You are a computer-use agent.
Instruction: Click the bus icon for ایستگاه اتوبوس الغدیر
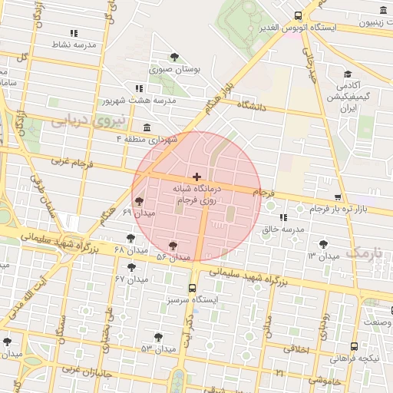(x=299, y=15)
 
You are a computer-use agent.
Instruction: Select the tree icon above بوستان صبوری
(x=175, y=56)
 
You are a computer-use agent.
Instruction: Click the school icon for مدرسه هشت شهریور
(x=138, y=88)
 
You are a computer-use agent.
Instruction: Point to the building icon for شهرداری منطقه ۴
(x=147, y=127)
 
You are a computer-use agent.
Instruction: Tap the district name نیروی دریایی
(x=82, y=121)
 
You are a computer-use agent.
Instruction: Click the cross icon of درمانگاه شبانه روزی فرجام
(x=196, y=177)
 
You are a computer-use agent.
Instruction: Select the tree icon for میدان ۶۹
(x=138, y=201)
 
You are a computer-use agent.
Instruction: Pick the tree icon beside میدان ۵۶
(x=174, y=245)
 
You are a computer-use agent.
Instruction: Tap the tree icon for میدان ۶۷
(x=132, y=268)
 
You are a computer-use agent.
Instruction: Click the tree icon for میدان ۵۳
(x=158, y=337)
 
